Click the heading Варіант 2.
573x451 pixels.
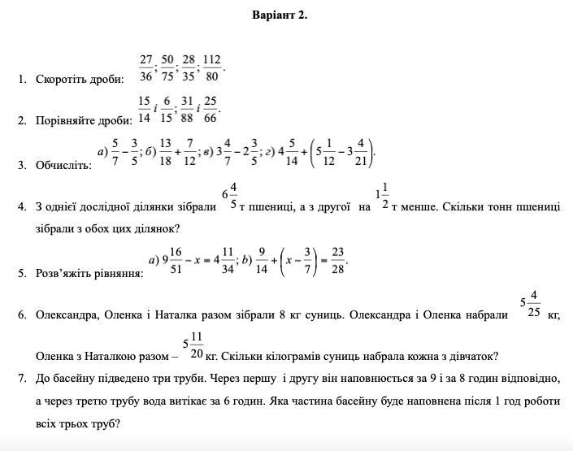tap(280, 15)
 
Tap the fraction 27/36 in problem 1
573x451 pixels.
tap(146, 68)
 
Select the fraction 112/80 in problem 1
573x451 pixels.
tap(212, 68)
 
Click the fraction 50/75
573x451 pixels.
tap(167, 68)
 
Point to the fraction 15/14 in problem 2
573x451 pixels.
tap(144, 110)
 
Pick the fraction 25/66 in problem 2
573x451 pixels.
tap(210, 110)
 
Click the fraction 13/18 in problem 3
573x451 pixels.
tap(165, 152)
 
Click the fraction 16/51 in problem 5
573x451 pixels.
tap(176, 262)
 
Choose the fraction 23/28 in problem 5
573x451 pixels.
tap(338, 262)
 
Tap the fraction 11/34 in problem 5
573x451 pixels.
tap(228, 262)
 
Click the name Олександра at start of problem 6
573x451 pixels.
tap(67, 314)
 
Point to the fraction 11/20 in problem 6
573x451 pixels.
tap(196, 345)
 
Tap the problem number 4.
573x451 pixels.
tap(22, 206)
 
